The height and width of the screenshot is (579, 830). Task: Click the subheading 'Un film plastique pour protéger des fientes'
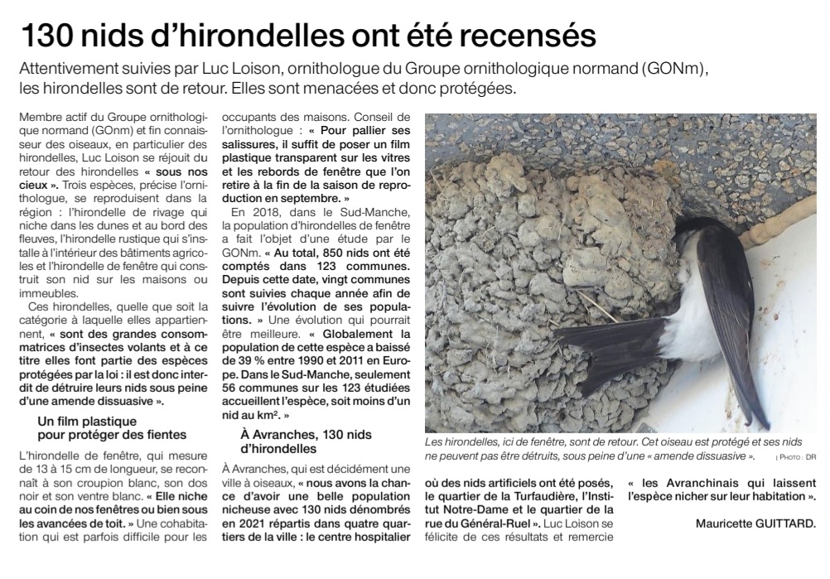pyautogui.click(x=112, y=427)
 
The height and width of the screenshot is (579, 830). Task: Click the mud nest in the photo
pyautogui.click(x=530, y=248)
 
